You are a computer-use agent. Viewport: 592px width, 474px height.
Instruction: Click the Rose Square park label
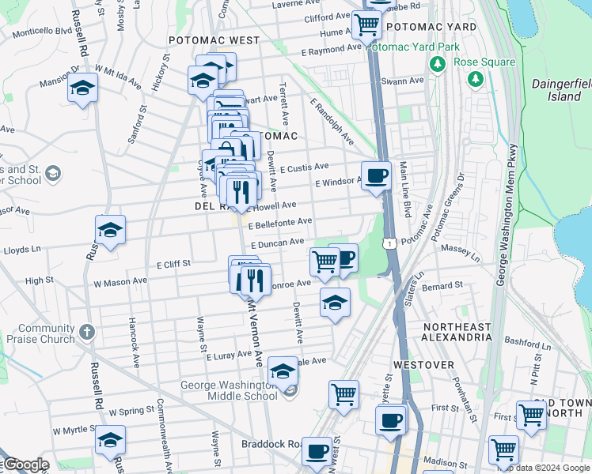coord(485,62)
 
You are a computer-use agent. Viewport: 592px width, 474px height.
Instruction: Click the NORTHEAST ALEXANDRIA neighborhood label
coord(457,332)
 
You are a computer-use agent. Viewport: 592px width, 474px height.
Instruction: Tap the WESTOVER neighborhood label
coord(424,365)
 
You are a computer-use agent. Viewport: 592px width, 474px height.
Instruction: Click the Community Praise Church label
coord(46,333)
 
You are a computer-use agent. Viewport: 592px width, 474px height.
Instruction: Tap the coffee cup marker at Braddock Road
coord(317,451)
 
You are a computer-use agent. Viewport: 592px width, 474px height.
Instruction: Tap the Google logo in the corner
coord(25,465)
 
